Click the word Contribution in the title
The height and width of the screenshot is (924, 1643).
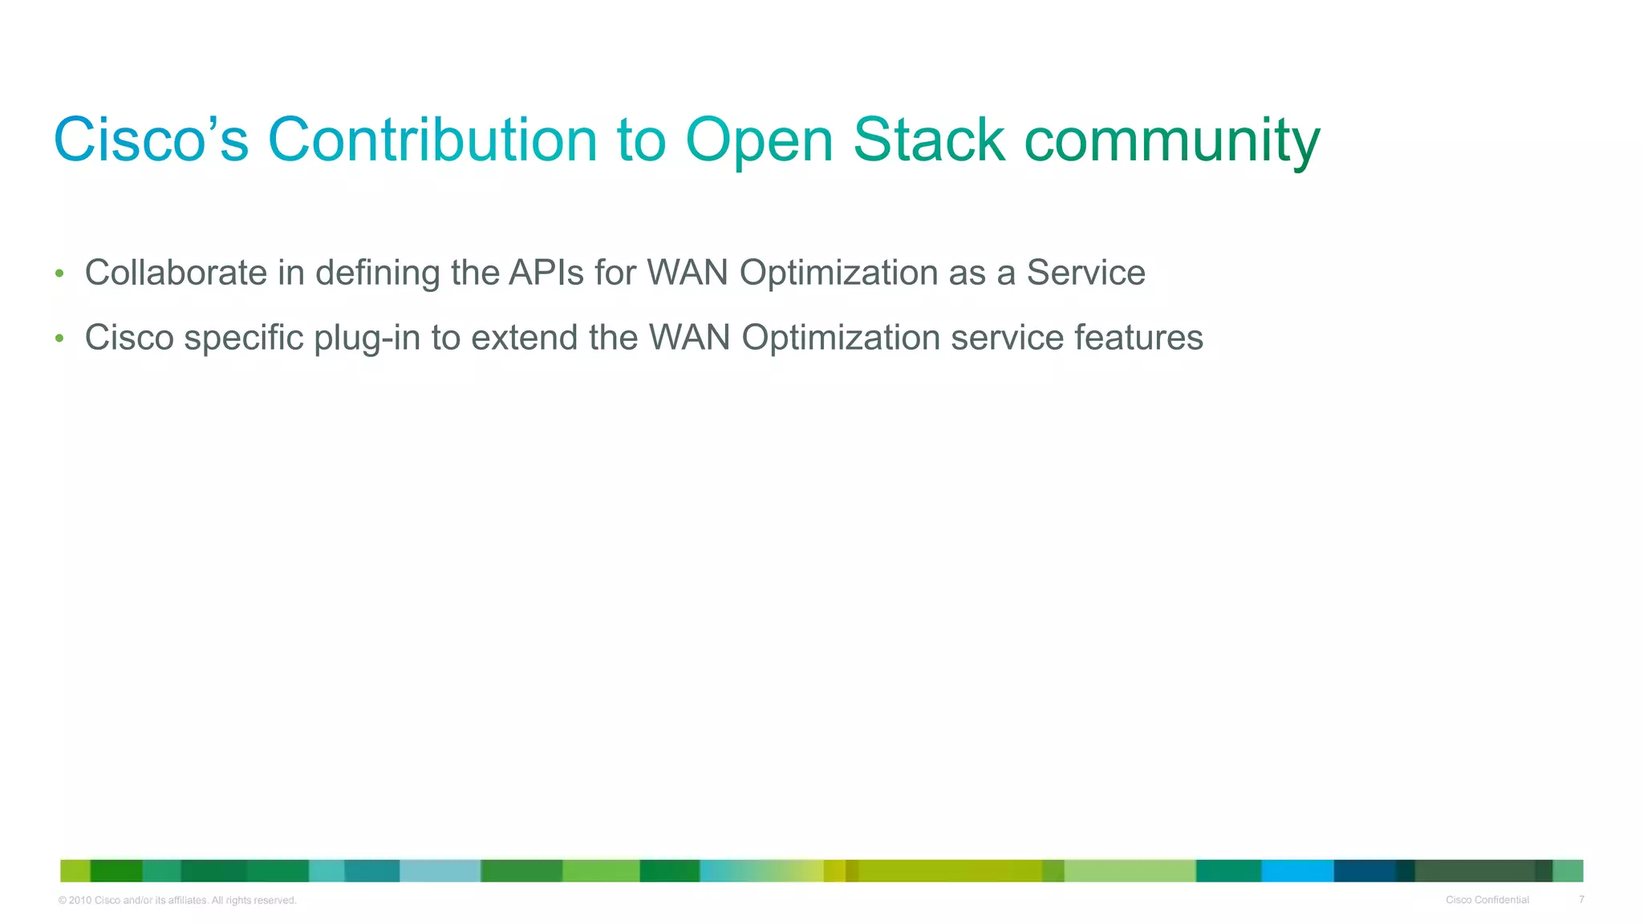pos(432,140)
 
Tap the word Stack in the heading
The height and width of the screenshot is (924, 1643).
pos(928,140)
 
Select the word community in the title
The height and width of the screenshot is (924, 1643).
pos(1172,142)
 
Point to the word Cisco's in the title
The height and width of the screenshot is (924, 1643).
pos(152,140)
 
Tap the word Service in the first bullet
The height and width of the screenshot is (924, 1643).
pos(1085,273)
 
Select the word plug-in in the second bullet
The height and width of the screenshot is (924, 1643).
pos(367,338)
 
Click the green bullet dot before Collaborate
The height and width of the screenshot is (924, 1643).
pos(59,274)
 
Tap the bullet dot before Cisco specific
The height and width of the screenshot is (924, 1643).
pos(59,338)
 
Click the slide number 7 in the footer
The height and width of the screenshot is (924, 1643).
pos(1581,900)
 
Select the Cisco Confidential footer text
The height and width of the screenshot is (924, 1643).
pos(1487,900)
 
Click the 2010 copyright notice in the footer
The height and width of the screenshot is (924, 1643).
pos(177,901)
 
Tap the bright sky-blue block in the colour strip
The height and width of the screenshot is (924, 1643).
pos(1297,870)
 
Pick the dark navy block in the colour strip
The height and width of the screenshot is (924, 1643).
pos(1365,870)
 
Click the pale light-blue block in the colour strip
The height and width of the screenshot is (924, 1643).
pos(440,870)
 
